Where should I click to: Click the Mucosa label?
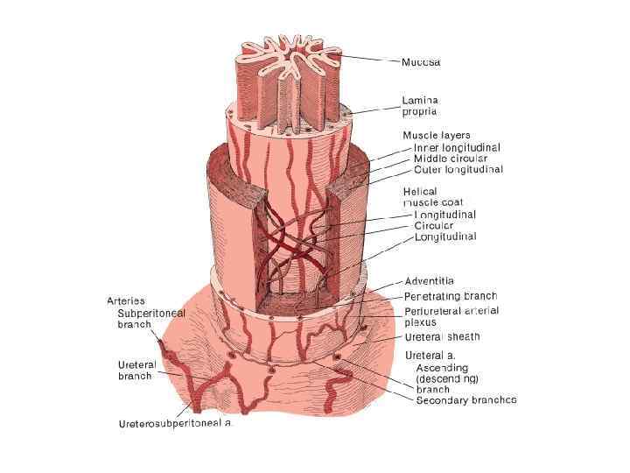(421, 62)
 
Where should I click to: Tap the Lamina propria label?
(419, 106)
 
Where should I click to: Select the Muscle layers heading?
(436, 136)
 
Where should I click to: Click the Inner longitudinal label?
(457, 147)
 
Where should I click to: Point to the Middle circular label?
(451, 159)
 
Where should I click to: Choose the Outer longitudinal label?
(458, 170)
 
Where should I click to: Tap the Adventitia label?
(429, 281)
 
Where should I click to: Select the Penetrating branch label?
(451, 296)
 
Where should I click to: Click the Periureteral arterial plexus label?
(451, 316)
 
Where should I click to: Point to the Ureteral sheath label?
(443, 337)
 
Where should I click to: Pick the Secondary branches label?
(465, 400)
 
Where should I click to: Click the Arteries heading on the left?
(126, 301)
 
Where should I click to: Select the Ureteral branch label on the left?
(135, 370)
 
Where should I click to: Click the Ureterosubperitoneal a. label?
(176, 424)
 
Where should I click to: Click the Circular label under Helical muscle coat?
(434, 225)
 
